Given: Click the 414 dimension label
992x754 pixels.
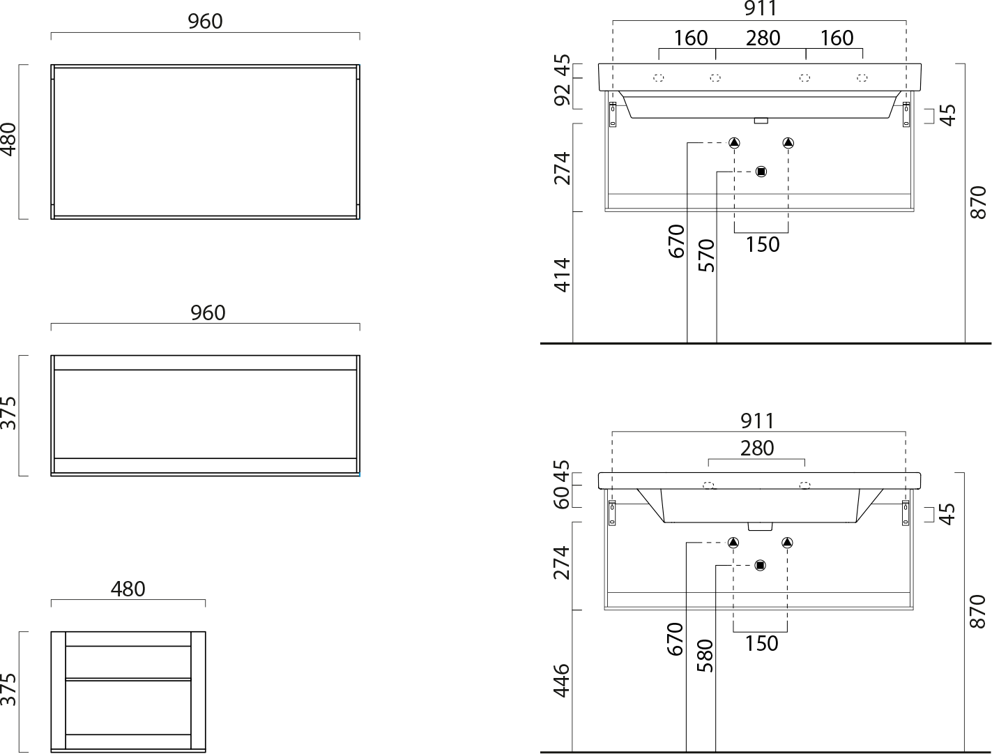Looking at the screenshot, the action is [563, 276].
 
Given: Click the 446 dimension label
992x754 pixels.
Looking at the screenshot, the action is [562, 680].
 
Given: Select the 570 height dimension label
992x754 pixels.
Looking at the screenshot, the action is [706, 255].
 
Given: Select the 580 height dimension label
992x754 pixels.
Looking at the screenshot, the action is [705, 656].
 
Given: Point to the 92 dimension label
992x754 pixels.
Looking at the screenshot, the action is [563, 94].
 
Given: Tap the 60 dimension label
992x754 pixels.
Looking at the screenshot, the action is [562, 498].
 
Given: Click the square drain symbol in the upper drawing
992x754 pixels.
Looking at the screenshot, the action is [761, 172].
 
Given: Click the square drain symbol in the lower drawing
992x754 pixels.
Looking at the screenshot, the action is [760, 565].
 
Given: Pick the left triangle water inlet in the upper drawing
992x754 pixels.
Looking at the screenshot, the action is [734, 143].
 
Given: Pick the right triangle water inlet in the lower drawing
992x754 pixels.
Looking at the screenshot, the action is [787, 543].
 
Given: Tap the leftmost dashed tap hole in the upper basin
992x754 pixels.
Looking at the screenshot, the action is [659, 77].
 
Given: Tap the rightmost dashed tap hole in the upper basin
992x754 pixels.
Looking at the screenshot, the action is [862, 77].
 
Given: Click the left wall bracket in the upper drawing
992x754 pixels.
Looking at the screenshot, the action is [613, 114].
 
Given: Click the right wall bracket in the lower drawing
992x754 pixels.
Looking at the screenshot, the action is [906, 513].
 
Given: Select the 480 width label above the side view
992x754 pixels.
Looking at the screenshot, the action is [128, 589].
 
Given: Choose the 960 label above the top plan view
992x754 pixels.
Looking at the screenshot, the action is [205, 21].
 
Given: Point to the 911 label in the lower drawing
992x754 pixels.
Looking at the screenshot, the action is [758, 421].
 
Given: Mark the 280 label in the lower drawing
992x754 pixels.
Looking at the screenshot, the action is [757, 448].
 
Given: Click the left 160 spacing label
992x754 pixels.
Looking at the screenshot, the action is [691, 38].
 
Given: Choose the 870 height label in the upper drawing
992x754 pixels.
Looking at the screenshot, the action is [978, 202].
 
